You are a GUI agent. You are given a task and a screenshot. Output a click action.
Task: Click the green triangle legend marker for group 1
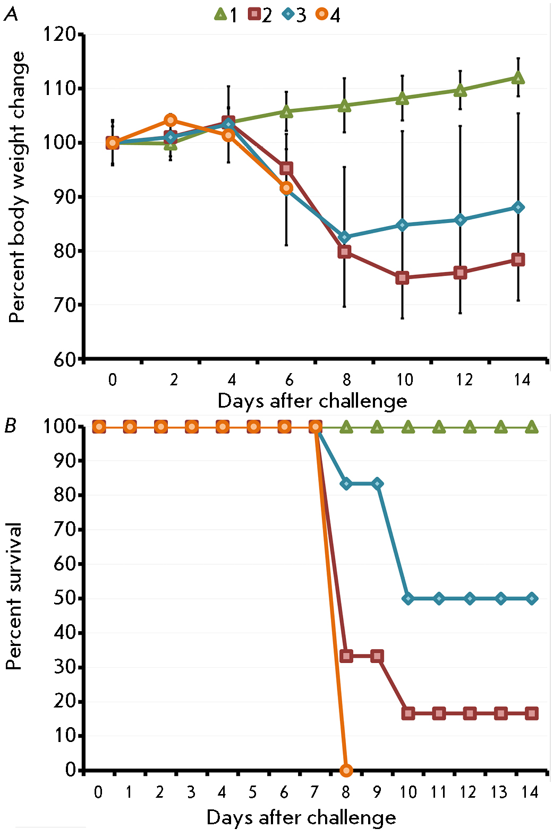[x=220, y=14]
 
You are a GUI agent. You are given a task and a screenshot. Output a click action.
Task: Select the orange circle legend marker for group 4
[x=322, y=14]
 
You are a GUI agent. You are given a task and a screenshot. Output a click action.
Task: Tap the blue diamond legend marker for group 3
[x=288, y=14]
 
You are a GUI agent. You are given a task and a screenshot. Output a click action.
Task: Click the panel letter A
[x=11, y=14]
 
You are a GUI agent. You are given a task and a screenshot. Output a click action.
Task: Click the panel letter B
[x=11, y=426]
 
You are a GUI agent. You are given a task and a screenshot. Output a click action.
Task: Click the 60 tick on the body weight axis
[x=65, y=359]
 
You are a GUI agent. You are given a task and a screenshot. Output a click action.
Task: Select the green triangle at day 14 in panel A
[x=518, y=78]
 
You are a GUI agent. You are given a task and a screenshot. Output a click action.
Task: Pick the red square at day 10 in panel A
[x=402, y=278]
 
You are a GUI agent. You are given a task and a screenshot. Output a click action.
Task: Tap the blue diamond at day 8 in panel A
[x=345, y=237]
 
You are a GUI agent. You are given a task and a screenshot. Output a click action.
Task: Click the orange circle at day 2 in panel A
[x=171, y=120]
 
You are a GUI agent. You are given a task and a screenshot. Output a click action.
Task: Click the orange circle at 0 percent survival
[x=346, y=770]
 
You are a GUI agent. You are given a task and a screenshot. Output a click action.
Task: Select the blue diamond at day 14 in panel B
[x=531, y=598]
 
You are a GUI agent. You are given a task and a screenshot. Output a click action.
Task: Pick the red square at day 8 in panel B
[x=346, y=656]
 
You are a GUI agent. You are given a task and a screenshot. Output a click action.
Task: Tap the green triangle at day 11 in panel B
[x=439, y=427]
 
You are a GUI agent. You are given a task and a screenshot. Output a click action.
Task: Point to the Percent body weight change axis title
[x=17, y=187]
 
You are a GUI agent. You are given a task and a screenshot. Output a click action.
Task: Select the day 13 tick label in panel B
[x=499, y=792]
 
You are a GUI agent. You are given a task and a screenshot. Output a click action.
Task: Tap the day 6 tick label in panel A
[x=289, y=379]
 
